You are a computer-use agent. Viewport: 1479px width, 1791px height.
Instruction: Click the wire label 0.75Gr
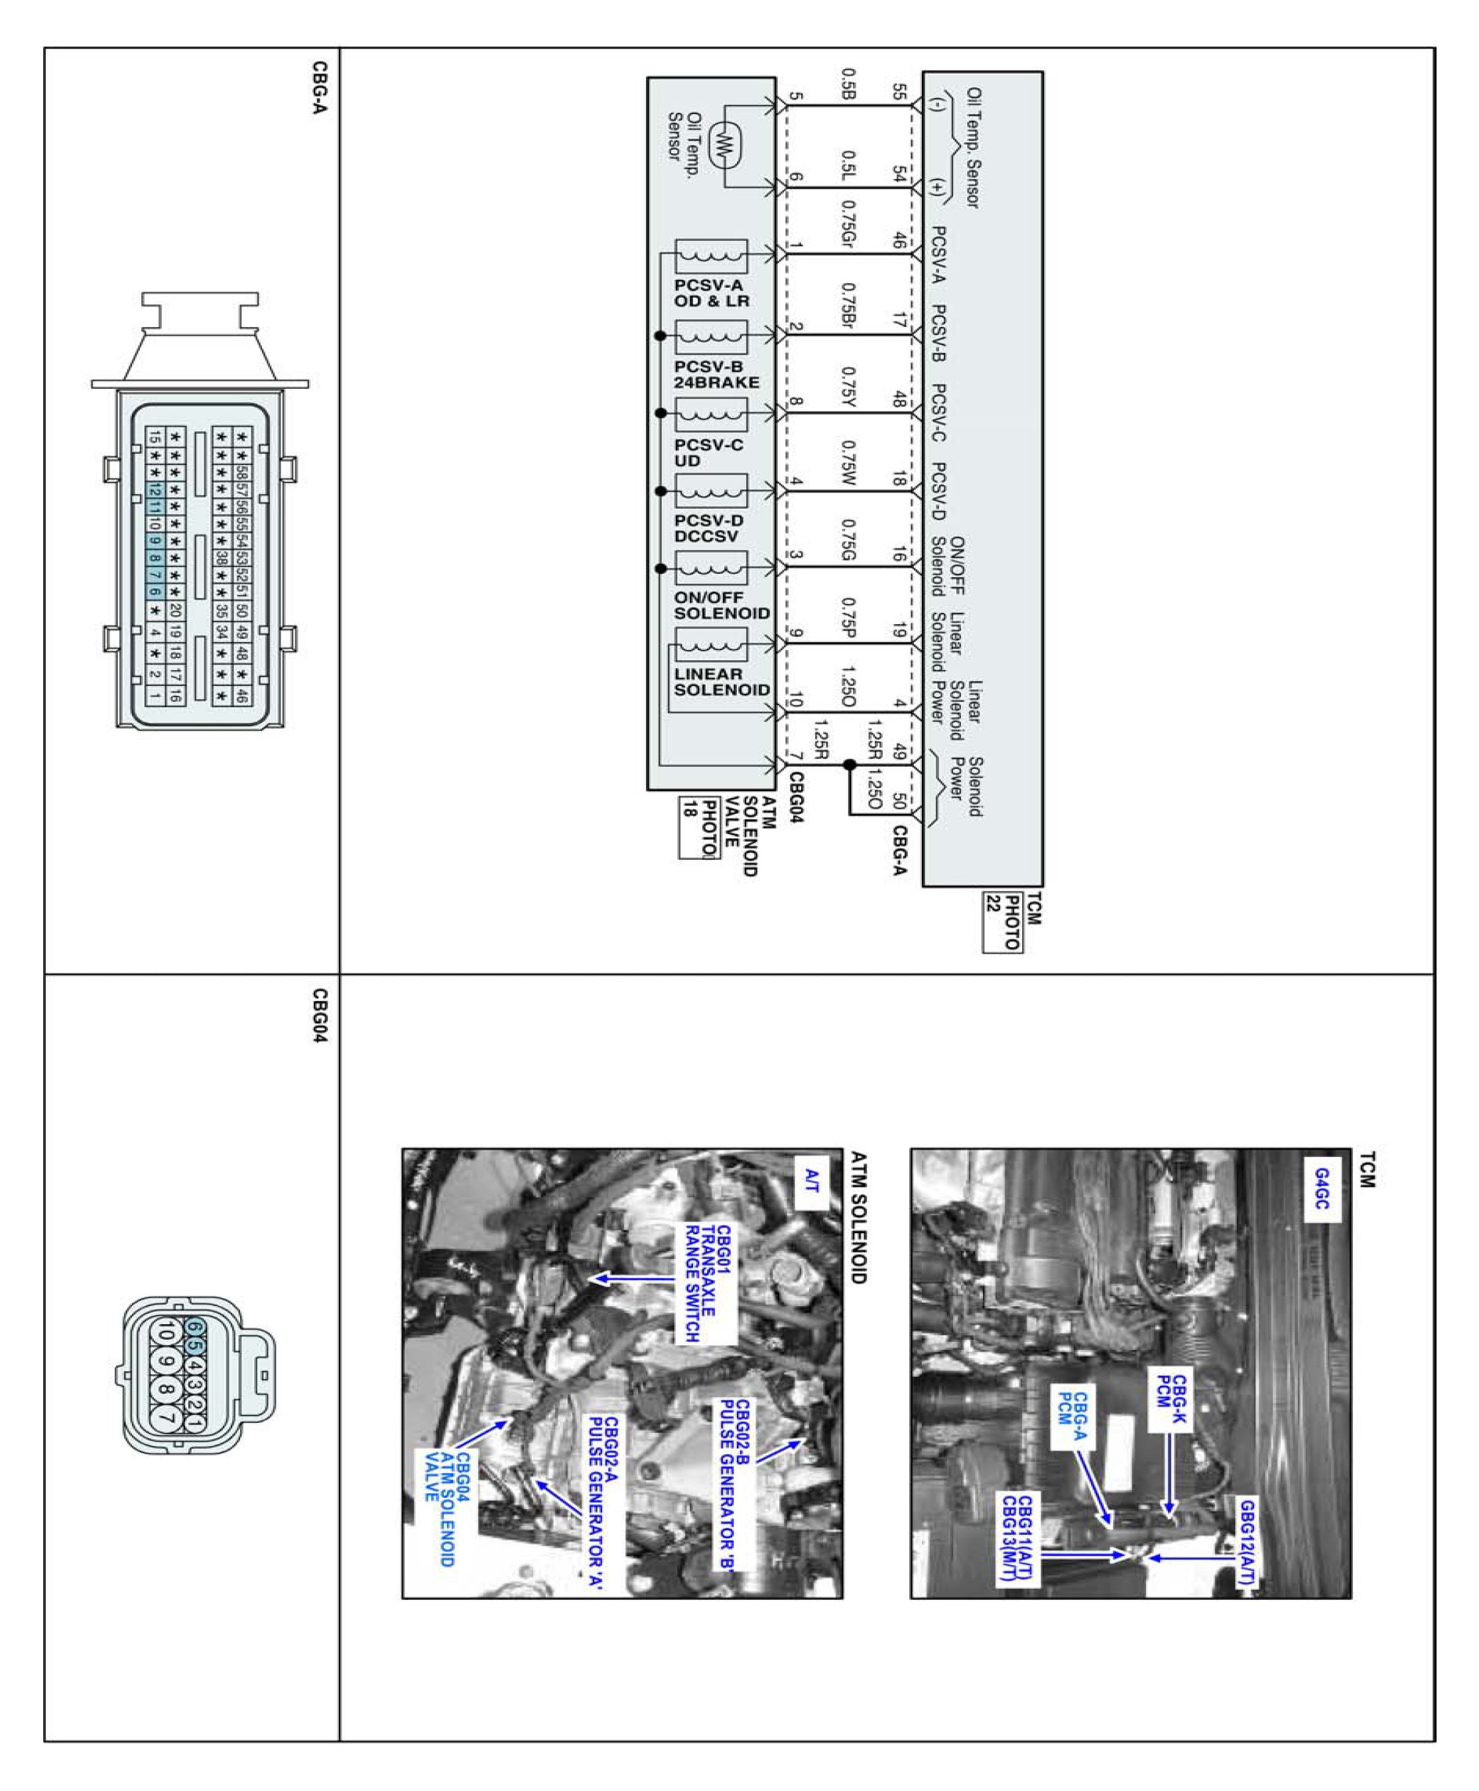pyautogui.click(x=848, y=225)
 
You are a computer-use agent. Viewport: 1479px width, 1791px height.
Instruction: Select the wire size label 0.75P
pyautogui.click(x=848, y=617)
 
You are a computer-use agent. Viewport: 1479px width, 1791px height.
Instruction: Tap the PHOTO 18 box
pyautogui.click(x=698, y=827)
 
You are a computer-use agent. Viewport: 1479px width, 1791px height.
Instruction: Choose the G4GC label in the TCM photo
pyautogui.click(x=1321, y=1189)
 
